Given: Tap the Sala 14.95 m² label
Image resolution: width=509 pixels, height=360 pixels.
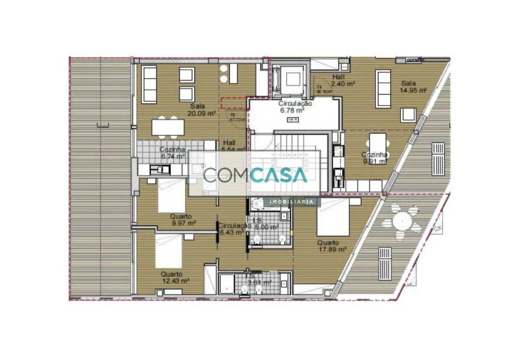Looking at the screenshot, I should click(x=412, y=87).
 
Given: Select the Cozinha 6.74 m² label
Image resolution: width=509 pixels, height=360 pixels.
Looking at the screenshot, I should click(x=172, y=154).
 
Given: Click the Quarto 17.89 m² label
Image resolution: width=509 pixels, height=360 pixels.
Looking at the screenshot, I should click(x=332, y=246).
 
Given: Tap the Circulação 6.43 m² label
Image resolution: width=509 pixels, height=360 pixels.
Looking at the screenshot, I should click(x=233, y=228).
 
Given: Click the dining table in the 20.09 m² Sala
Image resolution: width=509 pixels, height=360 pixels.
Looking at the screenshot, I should click(x=168, y=127).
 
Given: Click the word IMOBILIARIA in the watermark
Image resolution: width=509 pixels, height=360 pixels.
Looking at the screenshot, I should click(x=291, y=202).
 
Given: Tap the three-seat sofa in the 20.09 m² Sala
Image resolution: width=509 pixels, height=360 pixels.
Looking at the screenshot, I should click(x=151, y=83).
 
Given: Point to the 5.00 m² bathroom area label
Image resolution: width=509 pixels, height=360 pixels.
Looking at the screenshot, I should click(x=268, y=226).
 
